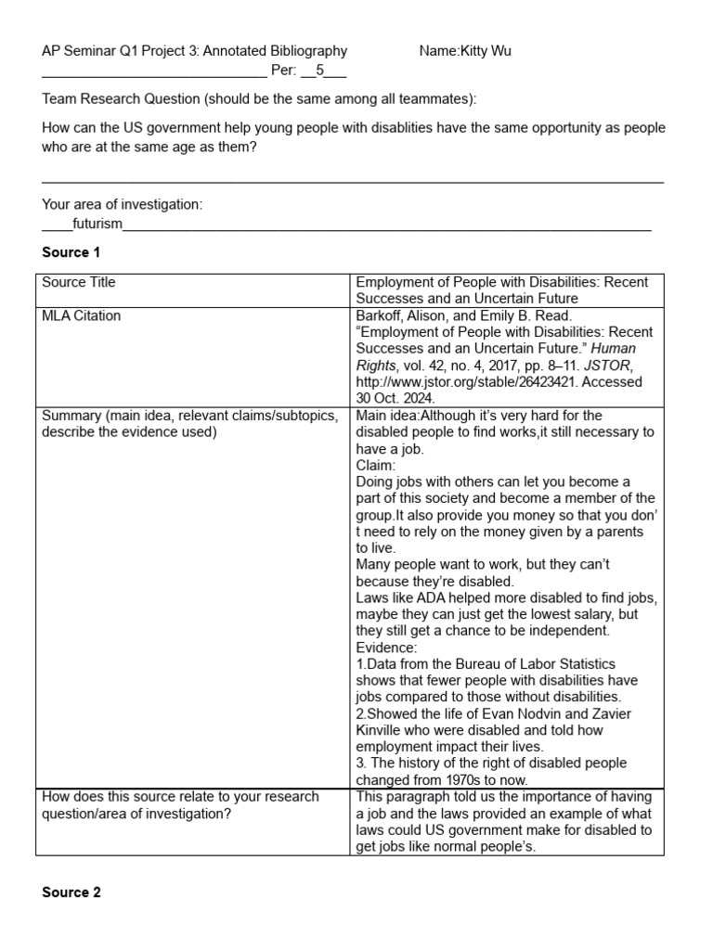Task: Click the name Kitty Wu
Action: click(485, 51)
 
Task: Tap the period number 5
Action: click(319, 71)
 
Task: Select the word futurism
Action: click(97, 224)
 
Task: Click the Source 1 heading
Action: click(71, 252)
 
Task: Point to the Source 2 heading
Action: click(71, 892)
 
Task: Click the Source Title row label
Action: click(79, 282)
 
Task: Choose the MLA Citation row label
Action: click(82, 315)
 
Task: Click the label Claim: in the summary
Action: click(376, 465)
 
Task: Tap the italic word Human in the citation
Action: click(616, 349)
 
